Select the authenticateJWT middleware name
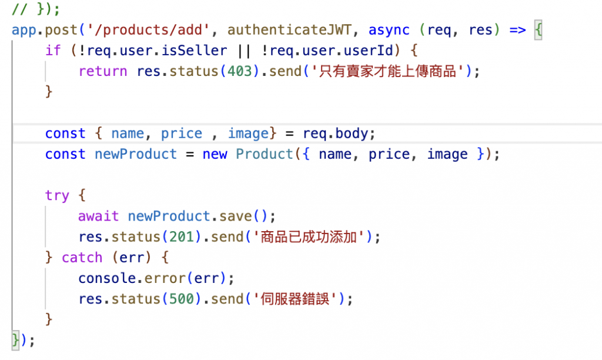click(x=285, y=30)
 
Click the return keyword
click(x=103, y=71)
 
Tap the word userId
click(x=376, y=51)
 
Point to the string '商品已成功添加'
click(x=310, y=236)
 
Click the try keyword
click(x=57, y=195)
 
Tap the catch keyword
click(x=82, y=258)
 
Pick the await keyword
click(x=98, y=216)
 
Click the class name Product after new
click(x=265, y=154)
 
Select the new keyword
click(x=215, y=154)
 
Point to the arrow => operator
click(x=517, y=30)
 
